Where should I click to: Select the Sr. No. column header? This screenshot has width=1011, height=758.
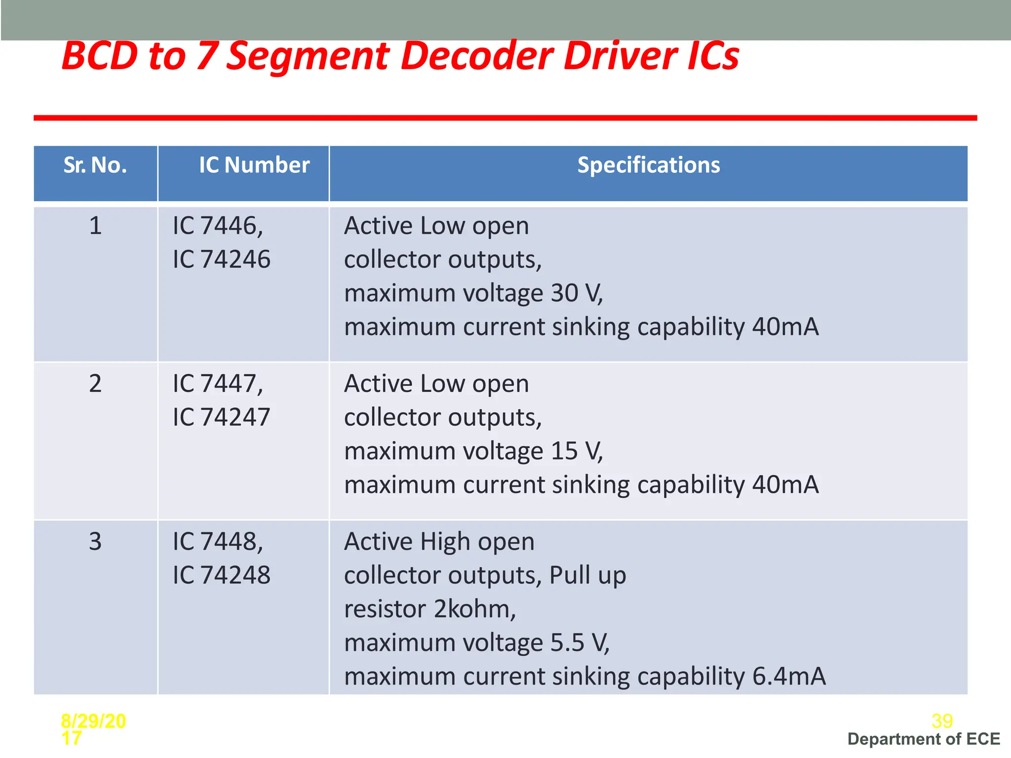(x=95, y=165)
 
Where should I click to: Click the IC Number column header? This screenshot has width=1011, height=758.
(x=254, y=165)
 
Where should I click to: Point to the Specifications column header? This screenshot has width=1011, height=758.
(x=649, y=165)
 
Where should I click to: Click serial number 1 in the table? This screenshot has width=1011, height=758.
(x=95, y=226)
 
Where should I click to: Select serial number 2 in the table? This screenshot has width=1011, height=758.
(x=95, y=383)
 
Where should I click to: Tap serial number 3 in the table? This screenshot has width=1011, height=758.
(x=95, y=541)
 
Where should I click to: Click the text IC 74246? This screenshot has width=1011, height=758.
(x=222, y=259)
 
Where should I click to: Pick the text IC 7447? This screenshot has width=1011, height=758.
(x=218, y=383)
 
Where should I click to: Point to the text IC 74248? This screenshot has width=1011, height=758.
(x=222, y=575)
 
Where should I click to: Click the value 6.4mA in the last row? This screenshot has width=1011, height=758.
(x=788, y=676)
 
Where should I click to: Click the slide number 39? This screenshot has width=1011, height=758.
(x=942, y=721)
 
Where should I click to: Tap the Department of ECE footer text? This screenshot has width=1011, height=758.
(x=924, y=739)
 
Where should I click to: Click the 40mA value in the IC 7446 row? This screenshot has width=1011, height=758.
(x=785, y=327)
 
